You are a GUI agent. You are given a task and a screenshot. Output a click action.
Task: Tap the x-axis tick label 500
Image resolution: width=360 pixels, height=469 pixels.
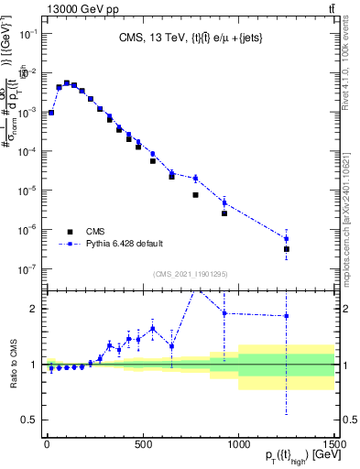(143, 446)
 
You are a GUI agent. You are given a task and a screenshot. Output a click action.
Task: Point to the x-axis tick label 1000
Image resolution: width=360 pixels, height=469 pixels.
(238, 446)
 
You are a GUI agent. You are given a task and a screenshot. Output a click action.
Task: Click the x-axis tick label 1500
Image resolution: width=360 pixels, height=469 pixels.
(333, 446)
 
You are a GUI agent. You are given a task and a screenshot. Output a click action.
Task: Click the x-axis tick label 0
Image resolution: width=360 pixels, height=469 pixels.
(47, 446)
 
